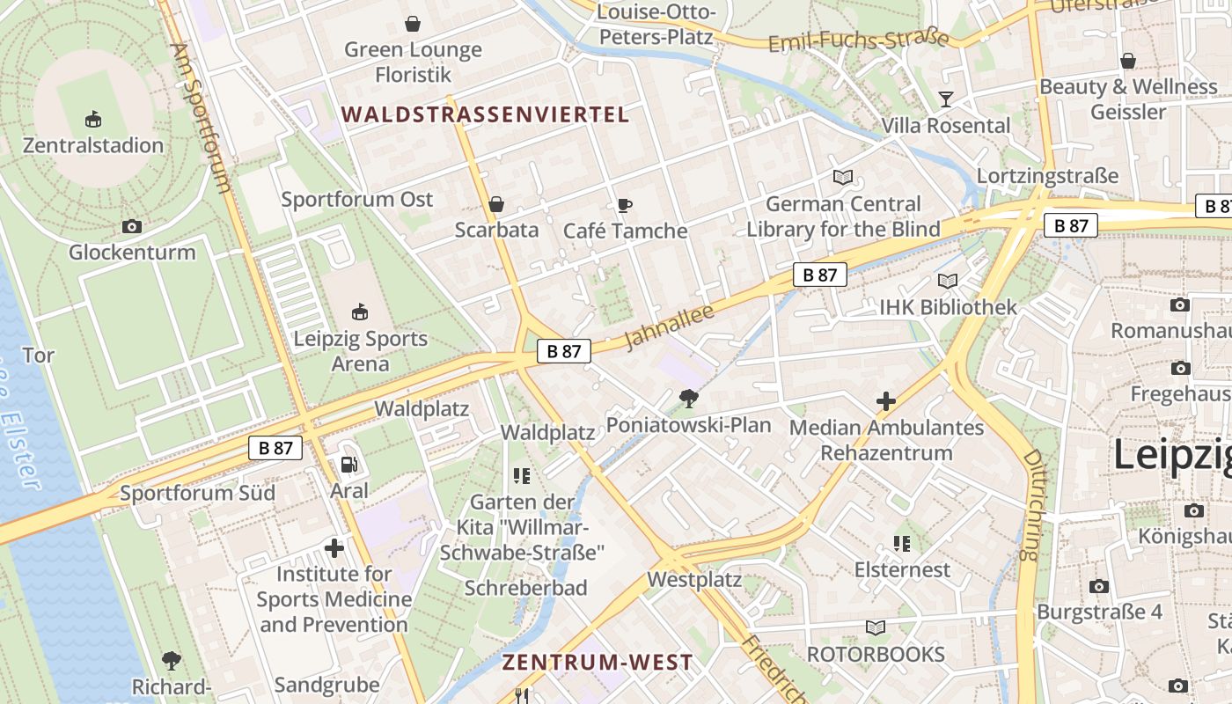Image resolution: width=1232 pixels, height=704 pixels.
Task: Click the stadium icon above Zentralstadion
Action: pos(93,119)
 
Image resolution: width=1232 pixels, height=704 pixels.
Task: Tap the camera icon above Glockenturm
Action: pos(132,227)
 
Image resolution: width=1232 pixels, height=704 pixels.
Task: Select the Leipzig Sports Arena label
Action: pos(360,351)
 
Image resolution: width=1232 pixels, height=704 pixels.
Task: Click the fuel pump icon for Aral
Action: pos(349,464)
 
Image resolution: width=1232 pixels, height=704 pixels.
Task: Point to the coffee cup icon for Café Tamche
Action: pos(624,205)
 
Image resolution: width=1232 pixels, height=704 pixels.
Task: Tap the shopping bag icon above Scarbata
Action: pos(496,204)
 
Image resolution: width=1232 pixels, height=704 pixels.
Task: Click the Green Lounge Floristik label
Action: pos(413,62)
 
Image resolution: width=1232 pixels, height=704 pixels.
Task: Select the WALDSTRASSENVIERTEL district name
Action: pos(485,114)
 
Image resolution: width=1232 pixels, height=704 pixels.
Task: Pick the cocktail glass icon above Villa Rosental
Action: pos(946,99)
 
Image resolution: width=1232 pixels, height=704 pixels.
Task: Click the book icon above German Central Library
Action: pos(843,178)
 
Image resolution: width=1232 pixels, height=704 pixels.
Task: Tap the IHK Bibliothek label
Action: pos(948,307)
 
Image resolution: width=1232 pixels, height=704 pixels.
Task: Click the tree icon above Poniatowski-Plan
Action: pos(688,400)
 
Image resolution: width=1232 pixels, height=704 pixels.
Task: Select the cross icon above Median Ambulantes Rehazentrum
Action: pos(885,402)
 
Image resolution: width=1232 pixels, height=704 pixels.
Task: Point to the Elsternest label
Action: pos(902,569)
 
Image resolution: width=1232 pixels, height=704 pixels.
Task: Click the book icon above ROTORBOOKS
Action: pos(875,627)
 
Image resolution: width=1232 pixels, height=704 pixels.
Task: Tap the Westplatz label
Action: pos(694,580)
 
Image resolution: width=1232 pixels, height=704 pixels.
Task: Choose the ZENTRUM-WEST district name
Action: pos(598,663)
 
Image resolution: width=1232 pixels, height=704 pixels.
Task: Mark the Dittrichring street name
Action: pos(1033,505)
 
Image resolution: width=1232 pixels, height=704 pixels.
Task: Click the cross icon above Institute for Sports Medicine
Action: pos(334,549)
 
